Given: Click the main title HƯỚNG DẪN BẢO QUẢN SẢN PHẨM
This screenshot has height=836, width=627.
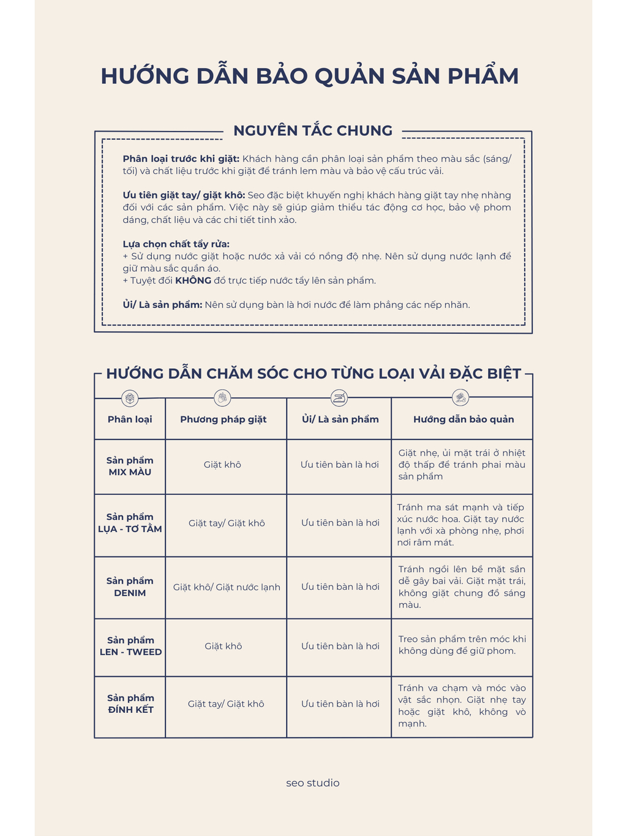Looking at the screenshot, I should click(310, 76).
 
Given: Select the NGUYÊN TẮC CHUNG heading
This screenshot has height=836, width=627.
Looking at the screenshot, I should click(313, 130).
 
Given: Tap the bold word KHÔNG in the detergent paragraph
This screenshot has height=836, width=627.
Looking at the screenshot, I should click(193, 281).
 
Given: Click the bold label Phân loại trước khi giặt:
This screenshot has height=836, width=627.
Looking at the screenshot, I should click(181, 159).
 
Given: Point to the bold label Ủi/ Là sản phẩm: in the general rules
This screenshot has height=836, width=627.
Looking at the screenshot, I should click(162, 304).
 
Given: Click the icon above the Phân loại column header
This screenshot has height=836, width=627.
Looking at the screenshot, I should click(130, 399).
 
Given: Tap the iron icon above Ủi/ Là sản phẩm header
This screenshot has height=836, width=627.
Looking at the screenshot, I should click(339, 399).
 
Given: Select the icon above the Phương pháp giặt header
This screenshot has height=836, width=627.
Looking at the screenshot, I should click(223, 398).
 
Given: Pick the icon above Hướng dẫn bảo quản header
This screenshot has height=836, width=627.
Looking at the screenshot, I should click(460, 398).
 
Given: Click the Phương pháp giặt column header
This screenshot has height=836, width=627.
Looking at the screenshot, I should click(223, 420).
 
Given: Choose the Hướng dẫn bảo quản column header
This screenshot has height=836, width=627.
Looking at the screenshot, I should click(464, 420).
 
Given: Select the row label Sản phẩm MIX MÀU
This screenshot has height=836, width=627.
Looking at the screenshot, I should click(130, 466).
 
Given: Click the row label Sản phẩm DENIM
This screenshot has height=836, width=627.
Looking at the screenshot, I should click(130, 587).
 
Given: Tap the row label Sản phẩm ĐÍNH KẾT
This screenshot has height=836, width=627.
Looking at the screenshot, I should click(130, 704).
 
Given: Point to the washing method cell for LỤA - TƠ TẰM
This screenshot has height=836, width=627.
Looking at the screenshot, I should click(227, 523).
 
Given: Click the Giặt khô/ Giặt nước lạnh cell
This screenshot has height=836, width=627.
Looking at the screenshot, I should click(227, 587).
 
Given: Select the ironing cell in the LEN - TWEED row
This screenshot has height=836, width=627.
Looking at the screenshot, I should click(340, 646).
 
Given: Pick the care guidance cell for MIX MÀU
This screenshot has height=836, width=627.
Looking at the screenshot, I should click(462, 465).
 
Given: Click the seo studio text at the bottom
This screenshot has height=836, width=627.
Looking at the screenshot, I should click(313, 783).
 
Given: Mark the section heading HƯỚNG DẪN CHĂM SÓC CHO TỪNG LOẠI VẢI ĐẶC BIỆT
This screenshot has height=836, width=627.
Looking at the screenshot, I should click(313, 374).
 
